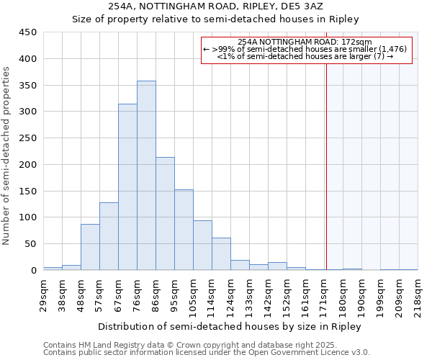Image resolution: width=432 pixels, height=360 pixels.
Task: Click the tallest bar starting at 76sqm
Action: pos(146,176)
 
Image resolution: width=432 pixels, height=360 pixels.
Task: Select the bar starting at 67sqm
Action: pos(127,187)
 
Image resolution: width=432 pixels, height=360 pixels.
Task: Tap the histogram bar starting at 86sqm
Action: pos(165,214)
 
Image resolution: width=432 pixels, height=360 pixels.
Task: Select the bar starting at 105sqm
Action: pos(202,246)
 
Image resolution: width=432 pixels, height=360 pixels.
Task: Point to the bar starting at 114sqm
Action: pos(221,254)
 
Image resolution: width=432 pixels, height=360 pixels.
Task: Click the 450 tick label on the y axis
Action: pos(28,32)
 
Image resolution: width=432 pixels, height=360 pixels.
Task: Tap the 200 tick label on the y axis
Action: pos(28,165)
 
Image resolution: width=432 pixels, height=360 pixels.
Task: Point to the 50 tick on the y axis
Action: pos(31,244)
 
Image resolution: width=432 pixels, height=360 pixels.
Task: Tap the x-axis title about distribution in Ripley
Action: pos(229,326)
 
